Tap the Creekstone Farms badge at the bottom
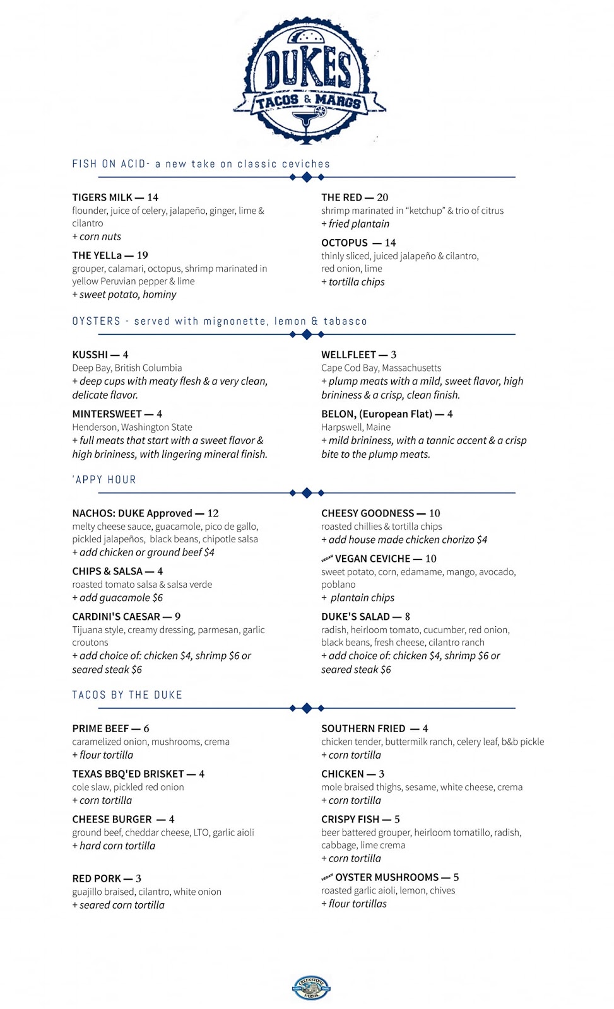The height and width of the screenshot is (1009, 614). (311, 988)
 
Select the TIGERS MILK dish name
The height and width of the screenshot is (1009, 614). (102, 197)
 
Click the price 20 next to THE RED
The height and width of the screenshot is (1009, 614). (382, 197)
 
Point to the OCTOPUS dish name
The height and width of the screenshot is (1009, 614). (344, 243)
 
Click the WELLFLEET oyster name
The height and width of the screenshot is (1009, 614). (348, 355)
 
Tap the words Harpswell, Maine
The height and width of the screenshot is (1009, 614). (355, 427)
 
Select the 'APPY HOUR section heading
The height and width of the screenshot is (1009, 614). (104, 480)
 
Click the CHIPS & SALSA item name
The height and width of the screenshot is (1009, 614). (107, 571)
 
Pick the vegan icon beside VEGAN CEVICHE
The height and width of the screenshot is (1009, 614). (327, 559)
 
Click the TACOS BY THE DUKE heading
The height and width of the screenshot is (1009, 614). (127, 695)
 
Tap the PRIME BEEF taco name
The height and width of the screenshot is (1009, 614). (100, 729)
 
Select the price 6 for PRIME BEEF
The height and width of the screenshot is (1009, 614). (146, 729)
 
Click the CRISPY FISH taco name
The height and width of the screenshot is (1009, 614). (350, 820)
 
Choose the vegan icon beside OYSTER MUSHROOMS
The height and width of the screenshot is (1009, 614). (327, 878)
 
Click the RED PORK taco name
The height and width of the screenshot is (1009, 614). (96, 879)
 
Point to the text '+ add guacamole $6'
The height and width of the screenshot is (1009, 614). (117, 598)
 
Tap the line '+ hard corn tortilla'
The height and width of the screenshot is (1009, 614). (114, 846)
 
